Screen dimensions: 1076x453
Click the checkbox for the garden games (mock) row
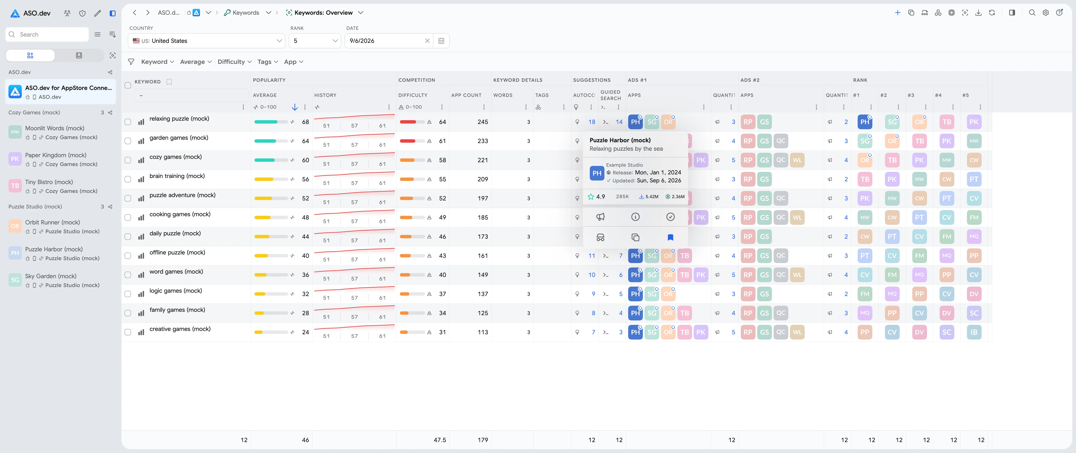coord(128,141)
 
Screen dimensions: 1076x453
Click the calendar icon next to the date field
coord(441,41)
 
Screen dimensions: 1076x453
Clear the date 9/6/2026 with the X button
coord(427,41)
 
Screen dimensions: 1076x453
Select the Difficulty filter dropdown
coord(234,62)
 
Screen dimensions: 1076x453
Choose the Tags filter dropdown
coord(267,62)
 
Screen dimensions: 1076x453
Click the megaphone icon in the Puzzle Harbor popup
coord(600,217)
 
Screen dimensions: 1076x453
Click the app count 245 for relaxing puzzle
coord(483,122)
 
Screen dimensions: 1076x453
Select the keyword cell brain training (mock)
coord(177,176)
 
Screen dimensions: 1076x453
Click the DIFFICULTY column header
coord(413,95)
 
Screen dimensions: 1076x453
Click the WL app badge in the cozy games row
coord(797,160)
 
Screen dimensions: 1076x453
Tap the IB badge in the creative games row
coord(974,332)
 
